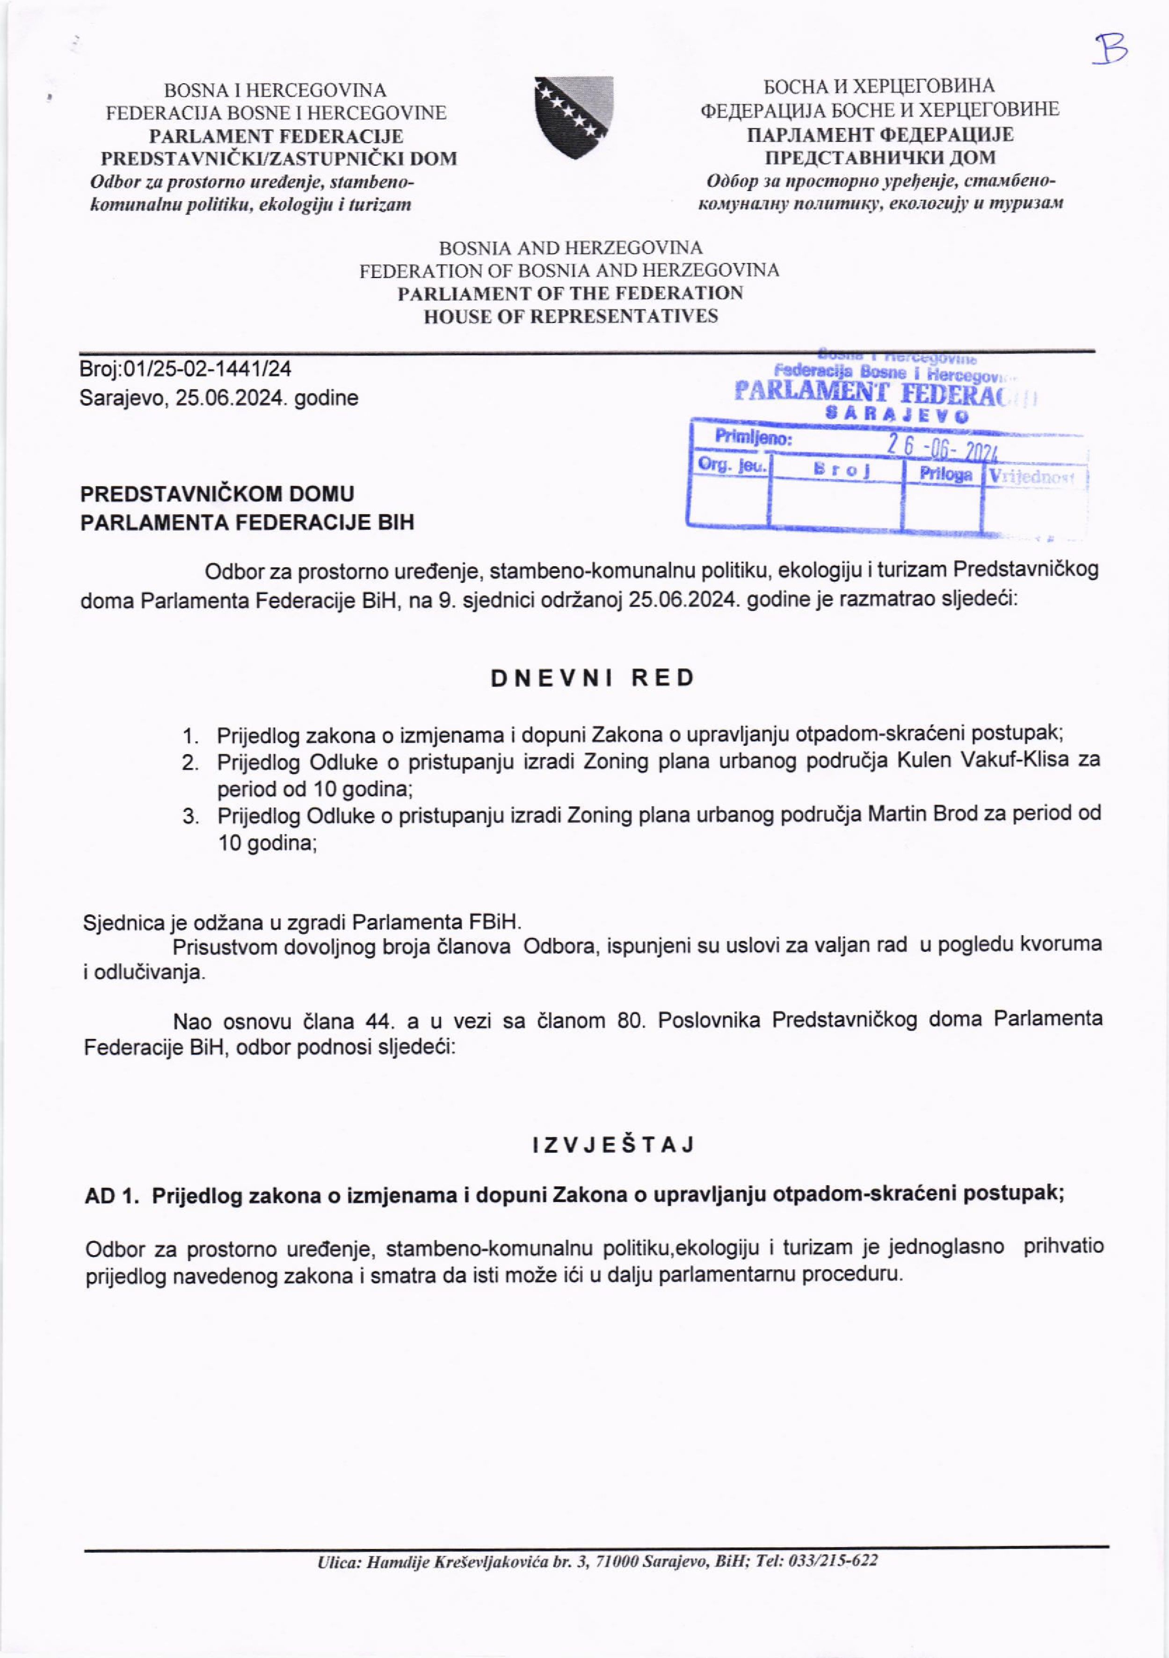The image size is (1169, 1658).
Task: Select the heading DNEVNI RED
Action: pyautogui.click(x=593, y=678)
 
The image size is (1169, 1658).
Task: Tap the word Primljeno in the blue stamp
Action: pyautogui.click(x=753, y=438)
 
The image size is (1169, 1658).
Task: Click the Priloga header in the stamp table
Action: pyautogui.click(x=945, y=475)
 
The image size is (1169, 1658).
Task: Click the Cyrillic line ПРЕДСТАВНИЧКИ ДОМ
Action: pyautogui.click(x=880, y=157)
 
